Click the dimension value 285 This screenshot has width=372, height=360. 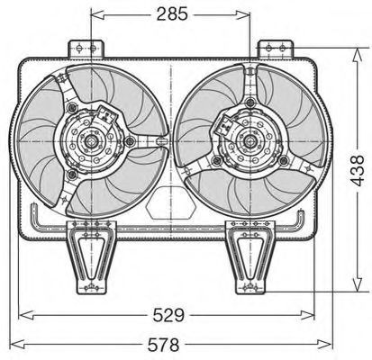(x=172, y=14)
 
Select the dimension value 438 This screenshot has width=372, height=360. (x=357, y=170)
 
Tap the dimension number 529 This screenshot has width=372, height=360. (x=168, y=315)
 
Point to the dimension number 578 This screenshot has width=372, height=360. (x=163, y=345)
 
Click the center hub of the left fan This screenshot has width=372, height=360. (x=90, y=141)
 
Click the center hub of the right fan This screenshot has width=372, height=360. (x=249, y=141)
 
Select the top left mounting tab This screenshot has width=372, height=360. (x=86, y=49)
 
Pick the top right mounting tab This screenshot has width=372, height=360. (x=276, y=49)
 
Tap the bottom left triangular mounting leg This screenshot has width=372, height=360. (x=91, y=257)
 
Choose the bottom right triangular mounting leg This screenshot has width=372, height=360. (x=250, y=257)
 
